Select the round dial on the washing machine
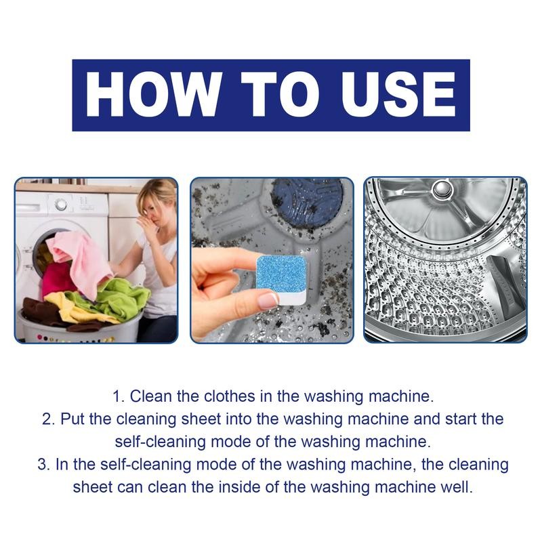point(61,203)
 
